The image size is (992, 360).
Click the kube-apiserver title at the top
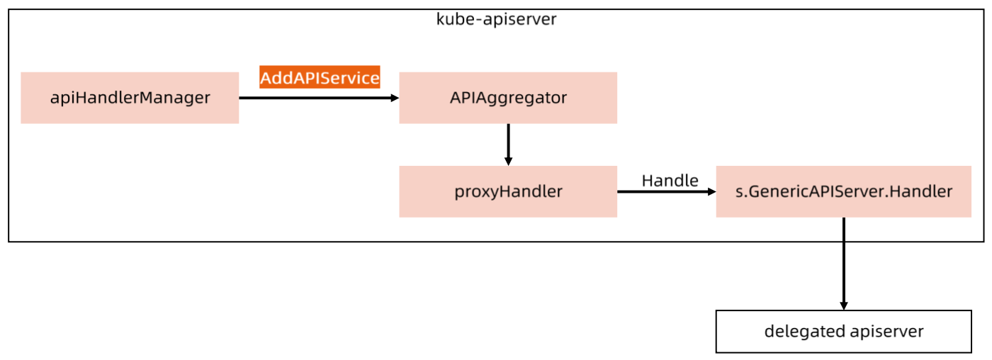pos(496,19)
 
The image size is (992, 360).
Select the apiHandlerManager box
pos(130,98)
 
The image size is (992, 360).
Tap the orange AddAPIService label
pos(320,78)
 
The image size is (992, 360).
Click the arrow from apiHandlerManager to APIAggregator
pos(319,98)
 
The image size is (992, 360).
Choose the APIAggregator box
pos(508,98)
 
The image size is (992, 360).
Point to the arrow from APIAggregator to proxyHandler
pos(508,144)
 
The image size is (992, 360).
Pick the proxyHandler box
pos(508,191)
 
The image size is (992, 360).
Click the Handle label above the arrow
pos(670,181)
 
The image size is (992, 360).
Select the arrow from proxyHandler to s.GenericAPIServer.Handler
pos(666,191)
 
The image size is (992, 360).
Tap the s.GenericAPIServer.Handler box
pos(843,191)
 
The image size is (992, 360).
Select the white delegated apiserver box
pos(843,331)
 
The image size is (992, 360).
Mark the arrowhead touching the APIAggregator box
pos(395,98)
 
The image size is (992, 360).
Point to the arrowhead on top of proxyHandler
pos(508,162)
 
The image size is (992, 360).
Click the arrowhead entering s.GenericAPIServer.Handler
pos(711,191)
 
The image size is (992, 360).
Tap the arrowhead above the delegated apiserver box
pos(843,305)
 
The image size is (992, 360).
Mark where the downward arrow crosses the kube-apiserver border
pos(843,242)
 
